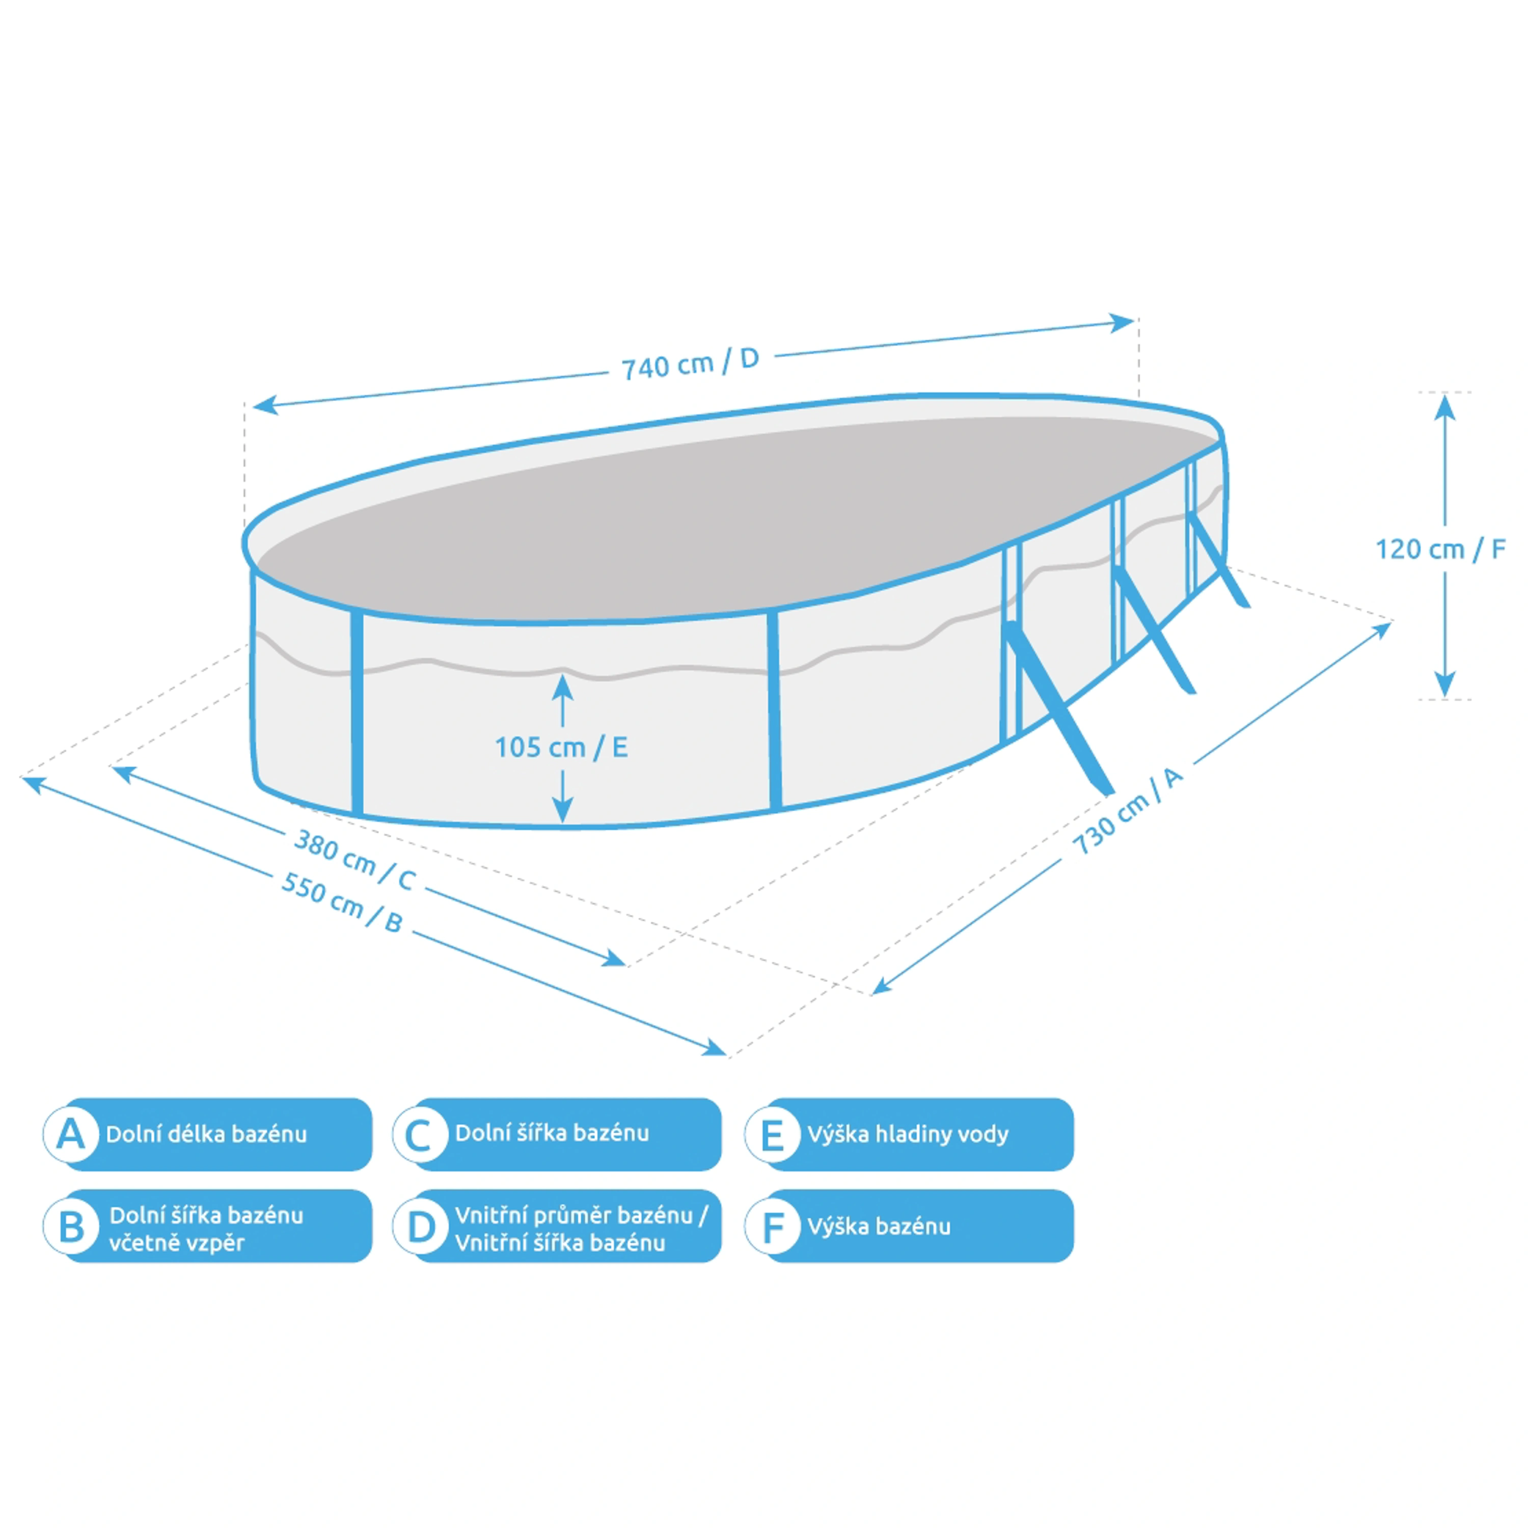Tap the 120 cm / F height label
[1440, 549]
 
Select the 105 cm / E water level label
[561, 747]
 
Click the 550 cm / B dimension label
[342, 902]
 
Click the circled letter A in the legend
[70, 1134]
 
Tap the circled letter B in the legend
[70, 1226]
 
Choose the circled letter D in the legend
[420, 1226]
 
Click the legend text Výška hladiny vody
[908, 1134]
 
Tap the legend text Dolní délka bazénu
[206, 1134]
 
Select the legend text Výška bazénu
[879, 1226]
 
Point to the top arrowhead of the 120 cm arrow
[1445, 403]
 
